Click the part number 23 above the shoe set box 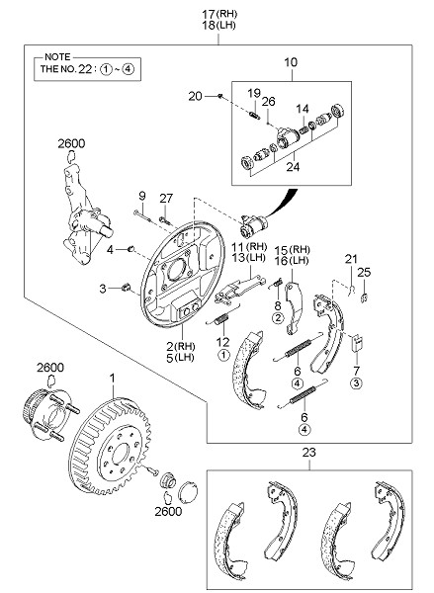[x=308, y=453]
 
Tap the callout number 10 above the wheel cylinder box [x=291, y=62]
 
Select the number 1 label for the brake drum [x=113, y=379]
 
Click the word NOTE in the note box [x=57, y=57]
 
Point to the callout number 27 [x=166, y=199]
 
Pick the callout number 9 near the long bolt [x=142, y=196]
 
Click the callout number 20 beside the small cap [x=195, y=97]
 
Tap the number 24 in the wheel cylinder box [x=293, y=166]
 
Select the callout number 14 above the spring [x=303, y=109]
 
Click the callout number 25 [x=364, y=273]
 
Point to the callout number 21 [x=351, y=259]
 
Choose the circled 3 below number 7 [x=356, y=383]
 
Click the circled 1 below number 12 [x=223, y=355]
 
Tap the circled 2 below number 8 [x=278, y=318]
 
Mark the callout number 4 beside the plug [x=110, y=250]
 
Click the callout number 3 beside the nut [x=103, y=289]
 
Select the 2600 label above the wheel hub [x=50, y=368]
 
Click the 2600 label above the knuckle [x=71, y=143]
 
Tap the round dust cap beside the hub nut [x=188, y=492]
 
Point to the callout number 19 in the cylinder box [x=254, y=93]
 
